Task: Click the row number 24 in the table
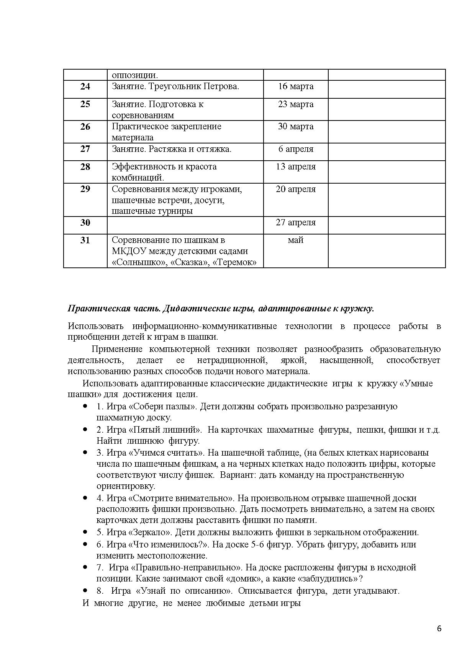(85, 86)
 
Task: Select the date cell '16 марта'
(296, 86)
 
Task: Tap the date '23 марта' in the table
(296, 104)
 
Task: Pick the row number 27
(85, 149)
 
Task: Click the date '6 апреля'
(296, 149)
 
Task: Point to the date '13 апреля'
(296, 167)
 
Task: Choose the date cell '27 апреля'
(296, 223)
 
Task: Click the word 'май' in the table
(296, 240)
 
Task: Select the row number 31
(85, 240)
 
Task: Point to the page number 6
(439, 629)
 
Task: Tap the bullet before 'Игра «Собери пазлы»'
(85, 406)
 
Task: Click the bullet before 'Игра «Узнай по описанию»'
(85, 590)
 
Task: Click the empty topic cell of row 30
(185, 225)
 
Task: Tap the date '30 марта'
(296, 127)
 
